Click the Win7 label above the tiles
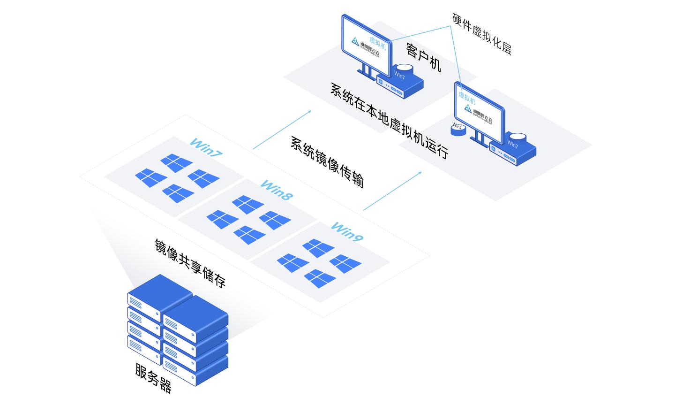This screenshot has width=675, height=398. coord(206,146)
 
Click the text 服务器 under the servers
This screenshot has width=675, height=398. coord(153,378)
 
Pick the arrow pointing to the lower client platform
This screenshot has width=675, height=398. coord(392,191)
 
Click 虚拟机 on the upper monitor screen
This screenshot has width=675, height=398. coord(378,43)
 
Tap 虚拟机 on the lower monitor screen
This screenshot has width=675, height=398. coord(467,98)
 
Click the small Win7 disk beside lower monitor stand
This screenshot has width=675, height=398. coord(458,129)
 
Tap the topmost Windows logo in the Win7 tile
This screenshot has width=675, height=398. coord(177,162)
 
